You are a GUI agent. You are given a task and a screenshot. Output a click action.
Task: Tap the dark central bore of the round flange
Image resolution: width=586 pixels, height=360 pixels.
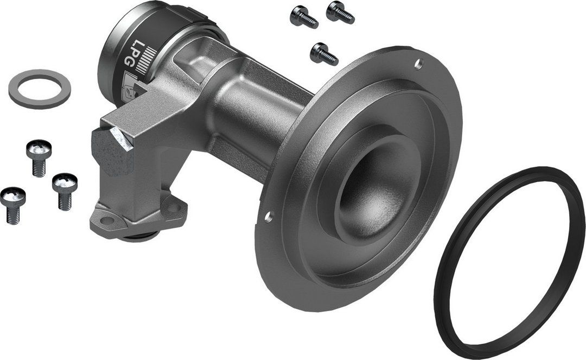click(369, 195)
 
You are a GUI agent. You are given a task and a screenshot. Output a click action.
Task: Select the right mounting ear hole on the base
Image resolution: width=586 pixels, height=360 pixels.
click(173, 207)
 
